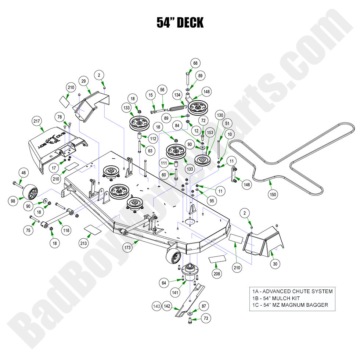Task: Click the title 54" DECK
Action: (180, 23)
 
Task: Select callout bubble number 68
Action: (195, 63)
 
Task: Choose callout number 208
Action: (217, 274)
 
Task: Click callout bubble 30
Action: (276, 263)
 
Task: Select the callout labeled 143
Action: (157, 306)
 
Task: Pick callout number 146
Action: (247, 185)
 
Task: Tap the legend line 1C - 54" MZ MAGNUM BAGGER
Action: (290, 305)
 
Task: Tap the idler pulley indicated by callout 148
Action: (198, 107)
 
